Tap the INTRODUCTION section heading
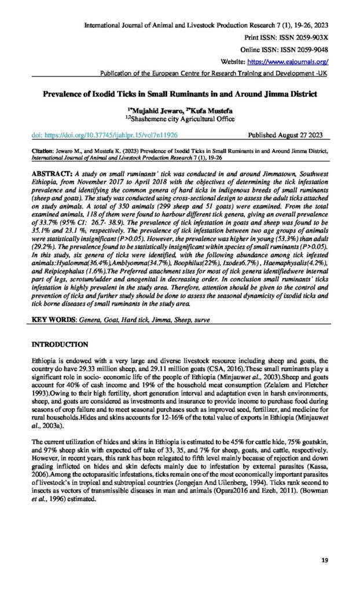tap(68, 345)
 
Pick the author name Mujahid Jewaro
tap(149, 109)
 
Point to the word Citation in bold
tap(43, 149)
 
